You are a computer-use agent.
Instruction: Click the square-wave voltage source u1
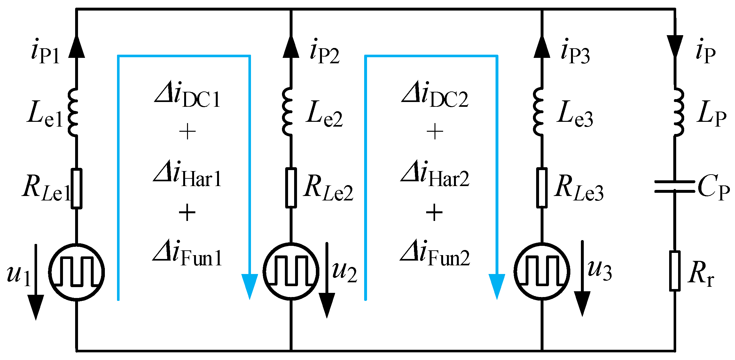pos(76,272)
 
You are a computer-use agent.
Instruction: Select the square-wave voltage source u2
pos(291,271)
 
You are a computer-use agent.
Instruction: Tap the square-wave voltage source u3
pos(542,271)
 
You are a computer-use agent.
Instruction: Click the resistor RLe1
pos(76,189)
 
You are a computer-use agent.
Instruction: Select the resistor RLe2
pos(291,188)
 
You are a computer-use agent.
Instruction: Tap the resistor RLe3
pos(542,188)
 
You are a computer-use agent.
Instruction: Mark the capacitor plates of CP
pos(675,186)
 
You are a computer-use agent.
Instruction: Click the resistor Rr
pos(675,271)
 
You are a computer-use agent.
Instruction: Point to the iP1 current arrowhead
pos(76,46)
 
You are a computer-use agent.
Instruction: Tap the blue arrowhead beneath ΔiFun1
pos(249,286)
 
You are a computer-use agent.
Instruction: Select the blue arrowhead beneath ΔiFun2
pos(497,286)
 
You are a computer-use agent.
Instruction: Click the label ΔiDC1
pos(188,95)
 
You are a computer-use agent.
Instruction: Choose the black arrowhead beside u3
pos(582,304)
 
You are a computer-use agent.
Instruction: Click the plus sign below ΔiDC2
pos(435,132)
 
